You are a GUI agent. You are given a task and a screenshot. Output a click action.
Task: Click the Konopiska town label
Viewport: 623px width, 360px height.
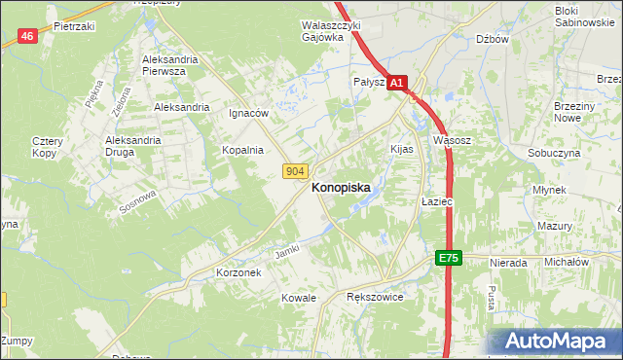(x=340, y=191)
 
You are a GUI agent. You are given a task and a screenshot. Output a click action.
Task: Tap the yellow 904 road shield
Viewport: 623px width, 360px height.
(x=297, y=171)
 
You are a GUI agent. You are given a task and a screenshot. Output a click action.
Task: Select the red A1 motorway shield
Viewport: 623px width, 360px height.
(x=397, y=85)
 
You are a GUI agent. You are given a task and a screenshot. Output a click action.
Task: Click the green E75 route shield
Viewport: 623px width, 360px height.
(x=448, y=258)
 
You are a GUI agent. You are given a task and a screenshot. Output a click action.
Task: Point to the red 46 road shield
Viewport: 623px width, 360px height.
(x=27, y=37)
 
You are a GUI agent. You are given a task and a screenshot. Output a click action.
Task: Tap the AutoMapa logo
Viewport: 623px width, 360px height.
(x=555, y=342)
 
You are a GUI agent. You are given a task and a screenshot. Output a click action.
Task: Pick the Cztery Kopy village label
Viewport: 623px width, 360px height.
(x=47, y=148)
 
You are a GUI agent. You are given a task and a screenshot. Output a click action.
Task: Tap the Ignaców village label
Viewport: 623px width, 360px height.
(x=248, y=113)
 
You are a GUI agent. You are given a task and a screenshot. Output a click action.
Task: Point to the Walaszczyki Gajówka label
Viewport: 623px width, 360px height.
(x=331, y=31)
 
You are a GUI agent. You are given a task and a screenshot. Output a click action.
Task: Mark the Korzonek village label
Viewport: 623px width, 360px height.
(x=238, y=273)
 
